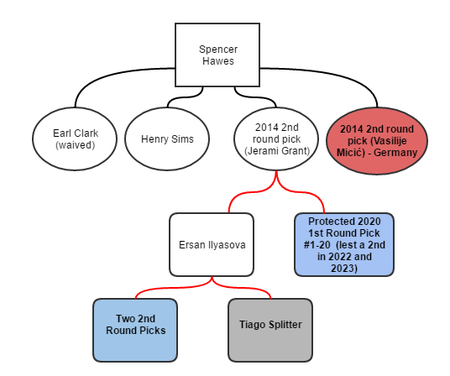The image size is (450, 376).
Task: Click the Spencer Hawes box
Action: click(x=217, y=55)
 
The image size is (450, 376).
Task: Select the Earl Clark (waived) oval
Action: click(x=75, y=138)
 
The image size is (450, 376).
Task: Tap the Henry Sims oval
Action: click(x=167, y=138)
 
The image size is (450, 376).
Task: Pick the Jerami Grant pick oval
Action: click(x=276, y=138)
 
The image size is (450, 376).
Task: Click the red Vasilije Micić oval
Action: click(x=377, y=140)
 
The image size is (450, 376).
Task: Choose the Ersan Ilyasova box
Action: click(x=212, y=244)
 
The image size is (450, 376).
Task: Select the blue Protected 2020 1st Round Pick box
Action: click(x=344, y=244)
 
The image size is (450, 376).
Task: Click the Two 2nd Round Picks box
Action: click(x=135, y=330)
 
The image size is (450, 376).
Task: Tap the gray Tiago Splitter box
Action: click(x=270, y=330)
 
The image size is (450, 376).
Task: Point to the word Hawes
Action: click(x=218, y=61)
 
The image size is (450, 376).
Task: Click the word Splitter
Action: click(x=285, y=325)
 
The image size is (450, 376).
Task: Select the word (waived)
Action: click(x=75, y=145)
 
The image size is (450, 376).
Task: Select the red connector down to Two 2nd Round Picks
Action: click(x=175, y=287)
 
